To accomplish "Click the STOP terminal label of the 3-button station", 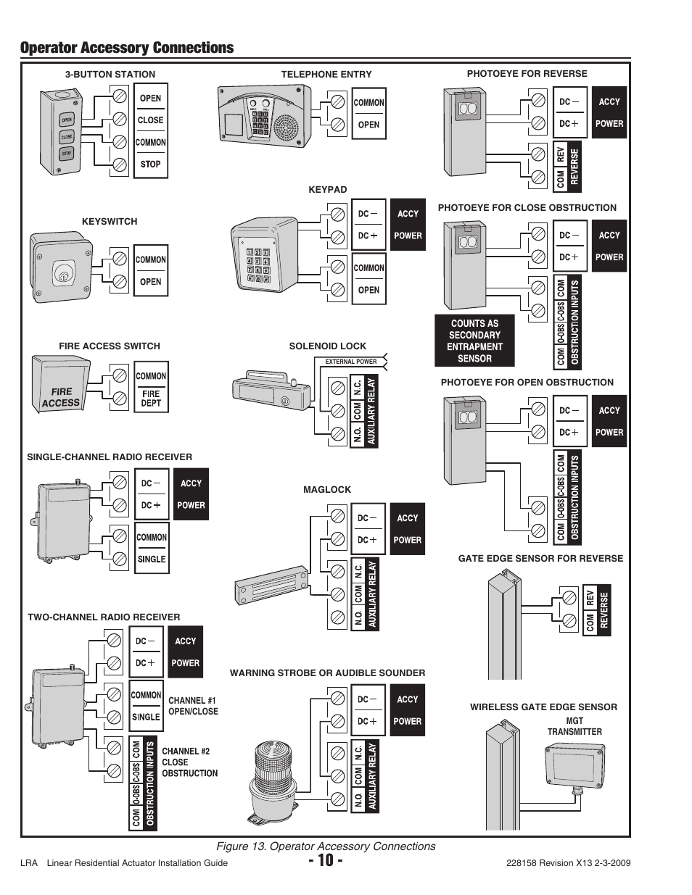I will [x=150, y=165].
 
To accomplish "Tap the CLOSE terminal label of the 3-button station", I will [x=150, y=120].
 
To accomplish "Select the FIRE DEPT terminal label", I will [x=151, y=399].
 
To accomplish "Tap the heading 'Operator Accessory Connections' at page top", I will [x=127, y=48].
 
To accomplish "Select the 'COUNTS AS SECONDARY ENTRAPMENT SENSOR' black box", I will [x=474, y=341].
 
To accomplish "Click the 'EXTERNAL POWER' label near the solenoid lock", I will [x=350, y=362].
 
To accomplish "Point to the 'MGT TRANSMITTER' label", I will [x=574, y=727].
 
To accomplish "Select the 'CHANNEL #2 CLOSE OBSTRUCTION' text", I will [x=189, y=762].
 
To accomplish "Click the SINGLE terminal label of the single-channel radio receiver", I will [x=152, y=559].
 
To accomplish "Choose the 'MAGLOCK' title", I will [x=326, y=490].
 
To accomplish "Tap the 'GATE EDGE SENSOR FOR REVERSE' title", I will [x=540, y=558].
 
